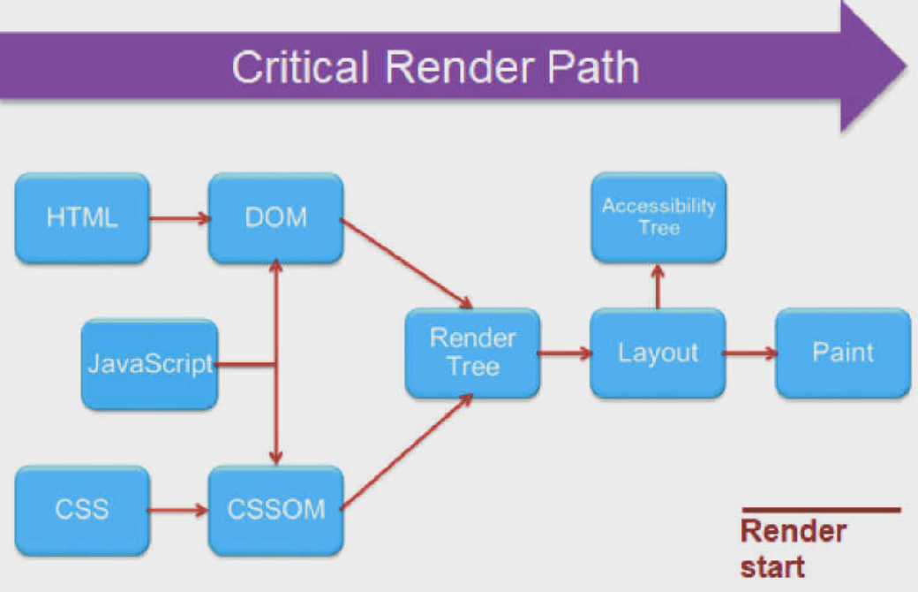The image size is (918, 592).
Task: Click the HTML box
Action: coord(82,218)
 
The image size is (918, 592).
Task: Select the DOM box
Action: coord(275,218)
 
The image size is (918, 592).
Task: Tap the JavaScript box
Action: coord(149,364)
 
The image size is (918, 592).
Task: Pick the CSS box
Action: coord(82,510)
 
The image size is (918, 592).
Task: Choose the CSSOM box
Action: coord(275,510)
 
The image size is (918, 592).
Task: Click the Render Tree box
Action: coord(472,353)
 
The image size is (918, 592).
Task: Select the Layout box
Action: coord(658,353)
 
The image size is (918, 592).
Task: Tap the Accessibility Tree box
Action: coord(658,217)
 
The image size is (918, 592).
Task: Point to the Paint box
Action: coord(843,353)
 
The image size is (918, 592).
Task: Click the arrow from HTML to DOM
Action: coord(180,218)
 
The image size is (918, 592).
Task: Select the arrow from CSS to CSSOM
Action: coord(178,510)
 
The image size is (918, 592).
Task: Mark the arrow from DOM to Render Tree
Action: coord(406,263)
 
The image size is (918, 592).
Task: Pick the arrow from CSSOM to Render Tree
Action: coord(406,452)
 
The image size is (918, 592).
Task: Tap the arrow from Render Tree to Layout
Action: coord(565,353)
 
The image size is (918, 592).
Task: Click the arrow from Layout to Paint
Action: coord(750,353)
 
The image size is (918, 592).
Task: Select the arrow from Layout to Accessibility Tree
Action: coord(658,286)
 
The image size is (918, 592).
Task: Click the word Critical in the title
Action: coord(300,66)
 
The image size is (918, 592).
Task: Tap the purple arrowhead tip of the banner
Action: coord(907,66)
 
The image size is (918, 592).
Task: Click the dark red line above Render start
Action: coord(821,510)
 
